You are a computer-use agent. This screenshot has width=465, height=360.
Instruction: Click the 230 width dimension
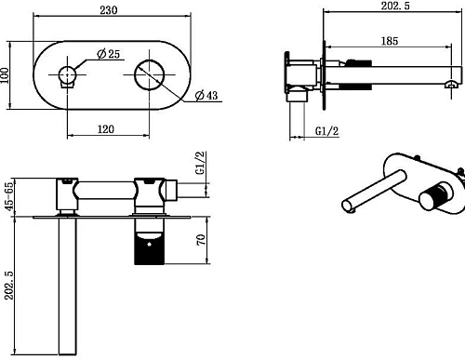tap(109, 10)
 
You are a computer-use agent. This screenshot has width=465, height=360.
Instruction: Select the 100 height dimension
tap(5, 75)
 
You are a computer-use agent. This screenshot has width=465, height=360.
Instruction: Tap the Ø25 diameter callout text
tap(108, 54)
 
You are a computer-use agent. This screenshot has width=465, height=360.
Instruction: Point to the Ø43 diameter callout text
tap(206, 95)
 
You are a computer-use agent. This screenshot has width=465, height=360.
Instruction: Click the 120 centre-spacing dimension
tap(106, 129)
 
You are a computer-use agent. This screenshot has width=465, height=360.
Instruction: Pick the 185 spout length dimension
tap(390, 41)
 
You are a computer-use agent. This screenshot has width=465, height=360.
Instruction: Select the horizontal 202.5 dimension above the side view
tap(395, 6)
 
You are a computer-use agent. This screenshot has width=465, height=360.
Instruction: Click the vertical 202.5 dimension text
tap(9, 286)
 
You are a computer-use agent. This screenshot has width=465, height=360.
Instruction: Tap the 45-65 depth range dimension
tap(9, 196)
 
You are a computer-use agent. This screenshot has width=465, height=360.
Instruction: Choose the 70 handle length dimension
tap(201, 240)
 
